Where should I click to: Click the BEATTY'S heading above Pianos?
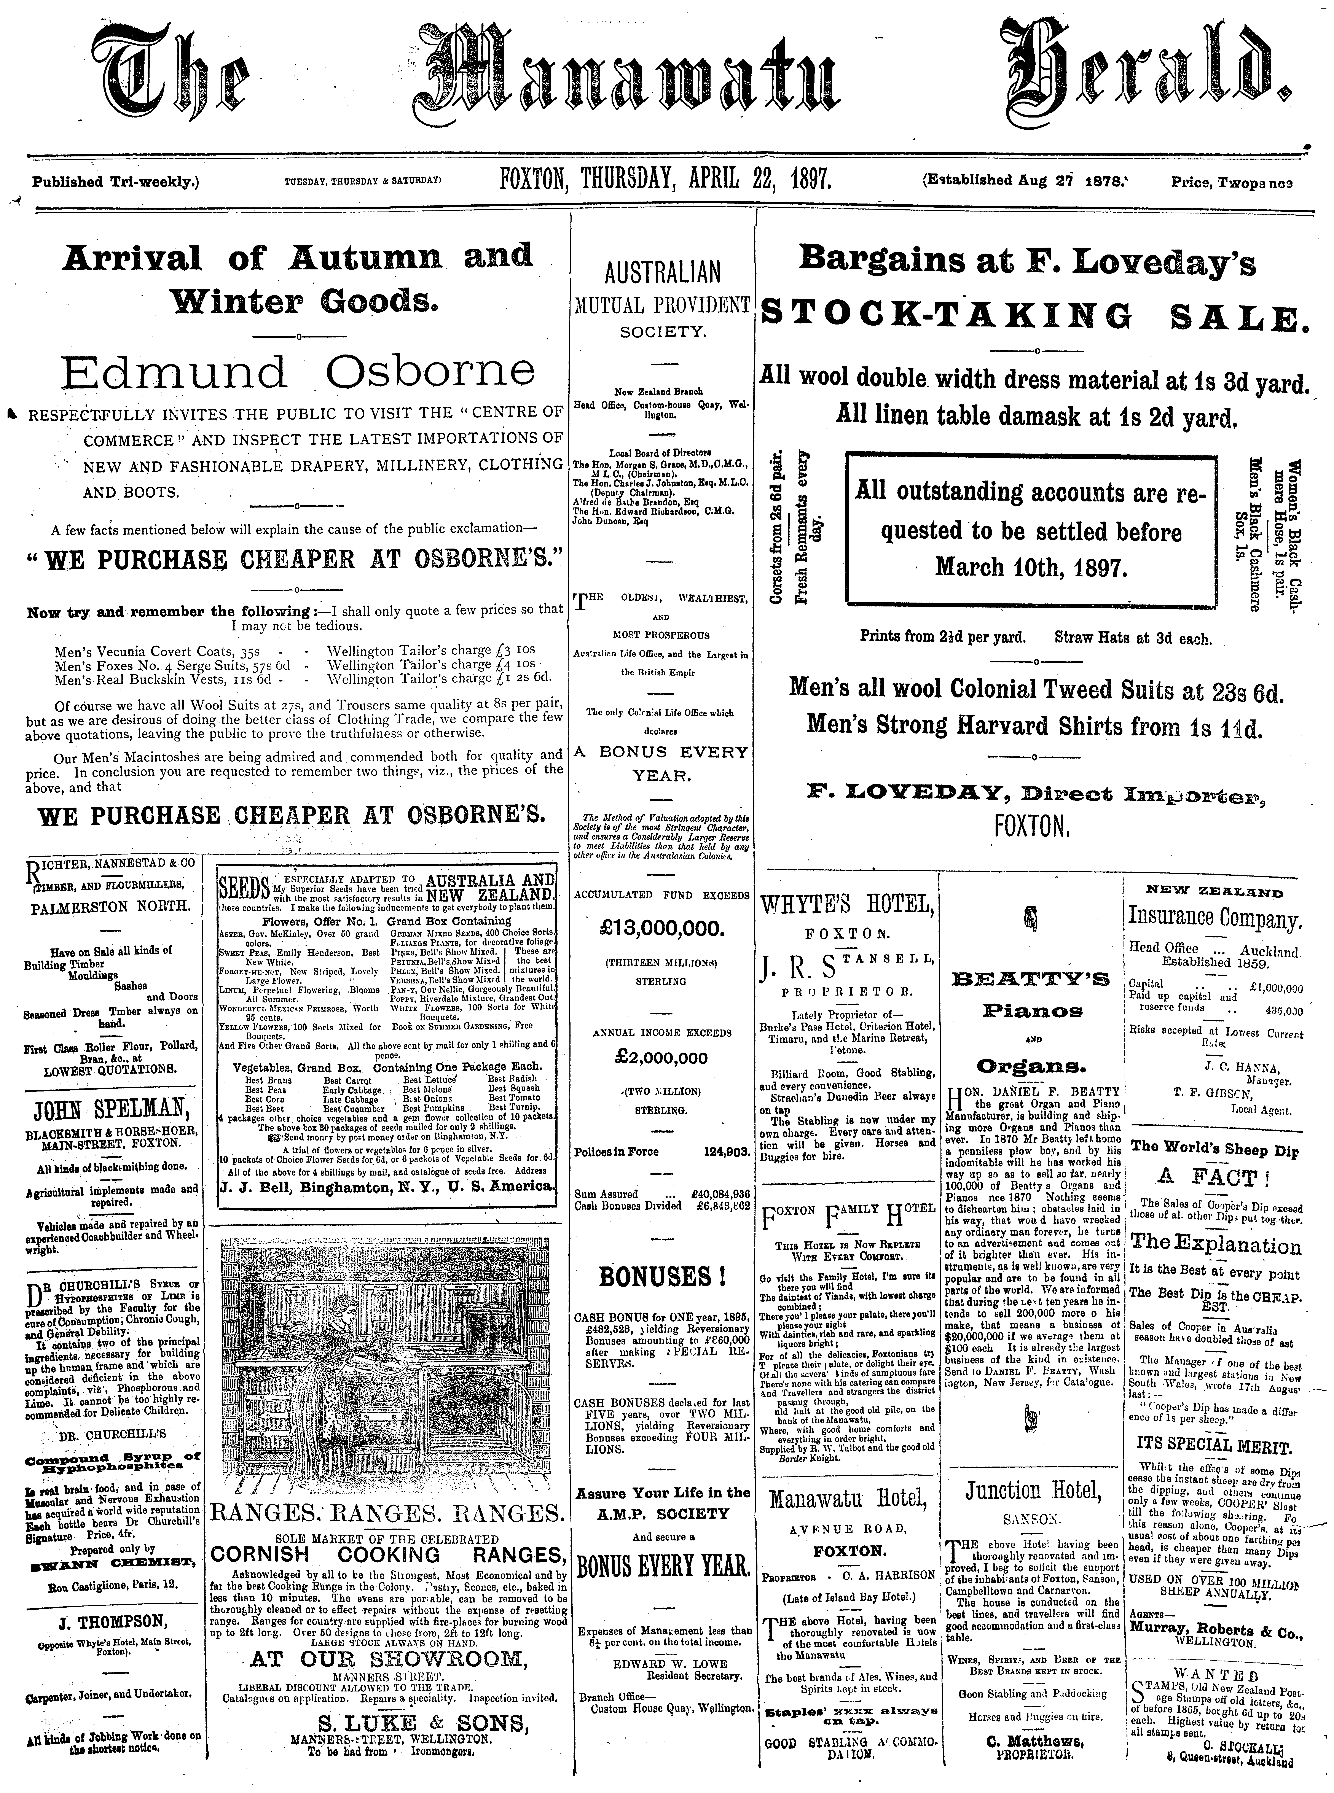coord(1033,981)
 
